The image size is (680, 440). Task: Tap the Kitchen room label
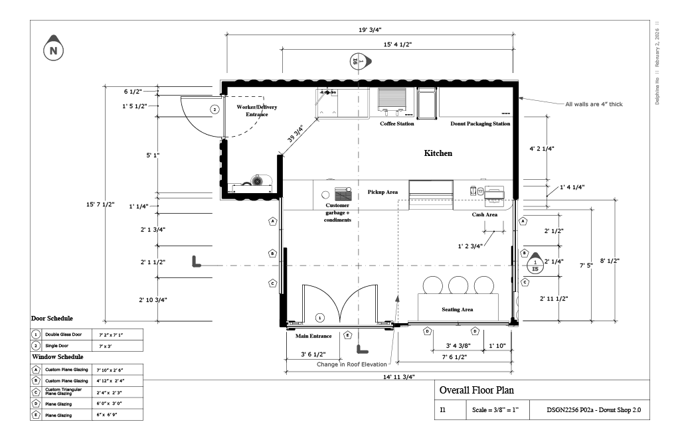tap(438, 153)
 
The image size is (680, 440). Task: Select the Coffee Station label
tap(396, 124)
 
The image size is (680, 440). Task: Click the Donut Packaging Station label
tap(480, 124)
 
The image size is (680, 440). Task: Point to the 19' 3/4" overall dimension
tap(370, 30)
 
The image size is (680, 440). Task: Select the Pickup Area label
tap(382, 192)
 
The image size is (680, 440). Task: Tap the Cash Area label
tap(485, 215)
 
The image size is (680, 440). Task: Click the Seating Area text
tap(458, 310)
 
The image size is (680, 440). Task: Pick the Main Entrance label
tap(313, 336)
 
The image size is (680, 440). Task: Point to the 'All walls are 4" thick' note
tap(594, 104)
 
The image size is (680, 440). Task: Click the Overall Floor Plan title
tap(476, 390)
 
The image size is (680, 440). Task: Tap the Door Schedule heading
tap(52, 319)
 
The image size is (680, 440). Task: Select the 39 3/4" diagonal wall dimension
tap(296, 135)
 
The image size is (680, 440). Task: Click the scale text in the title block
tap(496, 411)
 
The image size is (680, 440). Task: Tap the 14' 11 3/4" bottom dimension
tap(399, 376)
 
